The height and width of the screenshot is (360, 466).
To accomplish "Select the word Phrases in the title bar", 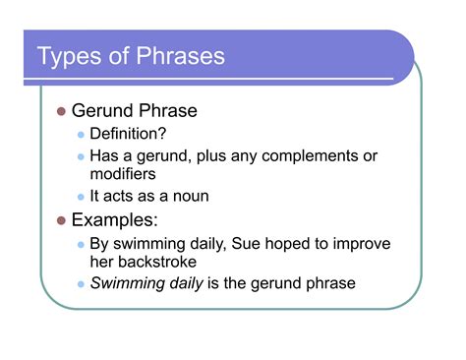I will pyautogui.click(x=177, y=56).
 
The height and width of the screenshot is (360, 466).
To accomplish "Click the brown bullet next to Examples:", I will pyautogui.click(x=60, y=219).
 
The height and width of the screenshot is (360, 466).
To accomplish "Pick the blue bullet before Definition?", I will pyautogui.click(x=81, y=135).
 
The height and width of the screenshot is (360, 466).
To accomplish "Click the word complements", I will pyautogui.click(x=306, y=155).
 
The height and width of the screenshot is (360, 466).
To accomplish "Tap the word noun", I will pyautogui.click(x=187, y=196).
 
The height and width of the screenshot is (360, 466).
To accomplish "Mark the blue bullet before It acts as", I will pyautogui.click(x=81, y=196).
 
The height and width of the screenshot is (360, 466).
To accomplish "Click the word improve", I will pyautogui.click(x=352, y=242).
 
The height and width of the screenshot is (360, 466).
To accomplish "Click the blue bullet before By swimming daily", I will pyautogui.click(x=81, y=243).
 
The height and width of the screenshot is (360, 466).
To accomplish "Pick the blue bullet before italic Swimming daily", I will pyautogui.click(x=81, y=284).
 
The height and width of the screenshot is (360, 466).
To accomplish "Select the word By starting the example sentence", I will pyautogui.click(x=100, y=242).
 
